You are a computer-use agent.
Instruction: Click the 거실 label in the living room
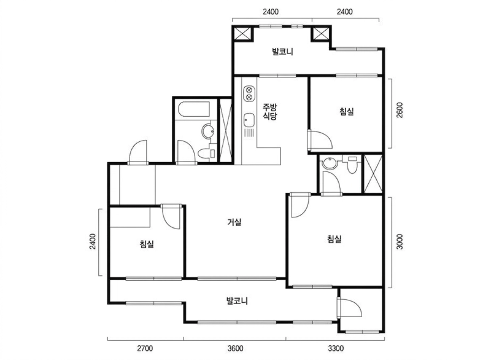234,222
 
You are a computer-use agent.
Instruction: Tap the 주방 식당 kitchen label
269,112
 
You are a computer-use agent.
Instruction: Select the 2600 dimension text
400,110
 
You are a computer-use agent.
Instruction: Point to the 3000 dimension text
400,241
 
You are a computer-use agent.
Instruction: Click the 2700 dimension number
145,348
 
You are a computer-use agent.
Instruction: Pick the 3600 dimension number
235,348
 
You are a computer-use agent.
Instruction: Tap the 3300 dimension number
335,348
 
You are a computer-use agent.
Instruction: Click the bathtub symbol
194,109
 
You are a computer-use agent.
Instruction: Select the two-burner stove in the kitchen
249,93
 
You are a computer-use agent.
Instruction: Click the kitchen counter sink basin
249,120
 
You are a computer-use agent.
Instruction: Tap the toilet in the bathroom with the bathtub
207,153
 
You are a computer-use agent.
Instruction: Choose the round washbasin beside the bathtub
208,131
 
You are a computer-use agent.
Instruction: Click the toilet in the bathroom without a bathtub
352,165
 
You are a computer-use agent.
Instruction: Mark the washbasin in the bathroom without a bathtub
329,163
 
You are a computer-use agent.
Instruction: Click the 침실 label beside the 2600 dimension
347,112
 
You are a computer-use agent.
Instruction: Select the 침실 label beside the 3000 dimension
334,239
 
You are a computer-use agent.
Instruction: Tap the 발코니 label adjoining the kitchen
282,52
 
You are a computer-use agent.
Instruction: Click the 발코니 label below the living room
237,301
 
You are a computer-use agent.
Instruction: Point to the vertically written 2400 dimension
93,241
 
